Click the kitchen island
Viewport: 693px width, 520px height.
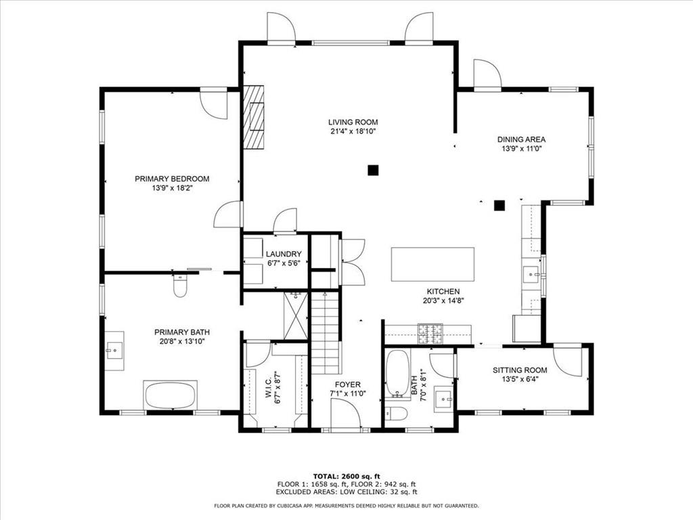click(x=432, y=264)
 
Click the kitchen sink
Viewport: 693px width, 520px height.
click(x=532, y=274)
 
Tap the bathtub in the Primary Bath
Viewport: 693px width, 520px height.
click(x=170, y=395)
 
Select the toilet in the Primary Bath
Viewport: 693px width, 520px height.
click(x=179, y=287)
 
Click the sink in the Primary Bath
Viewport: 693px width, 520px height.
click(x=114, y=351)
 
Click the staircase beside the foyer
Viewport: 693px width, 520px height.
click(x=325, y=332)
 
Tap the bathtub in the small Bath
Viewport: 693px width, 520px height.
click(x=397, y=374)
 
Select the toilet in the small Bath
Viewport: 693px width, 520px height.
click(x=396, y=414)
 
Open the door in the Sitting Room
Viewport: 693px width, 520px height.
click(x=568, y=360)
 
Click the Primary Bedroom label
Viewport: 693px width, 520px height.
click(x=172, y=179)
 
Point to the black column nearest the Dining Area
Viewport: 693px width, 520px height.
click(x=499, y=206)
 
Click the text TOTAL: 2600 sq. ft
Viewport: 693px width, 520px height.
click(x=346, y=475)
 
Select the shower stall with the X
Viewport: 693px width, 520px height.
click(x=296, y=316)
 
